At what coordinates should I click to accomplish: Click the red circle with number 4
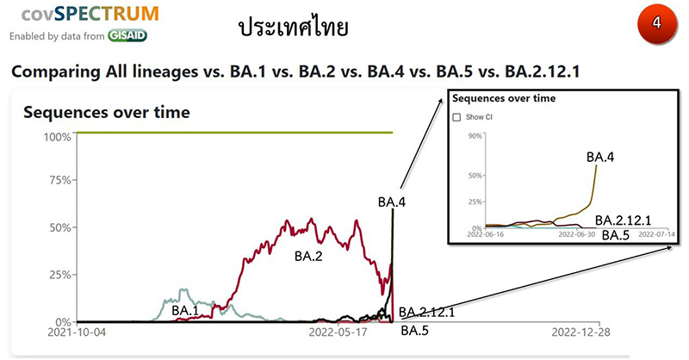(x=657, y=24)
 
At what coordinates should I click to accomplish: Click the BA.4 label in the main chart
(x=393, y=202)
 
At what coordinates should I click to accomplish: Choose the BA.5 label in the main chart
(x=415, y=331)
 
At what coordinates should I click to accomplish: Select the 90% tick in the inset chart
(x=474, y=135)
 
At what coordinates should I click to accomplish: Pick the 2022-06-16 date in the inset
(x=486, y=233)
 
